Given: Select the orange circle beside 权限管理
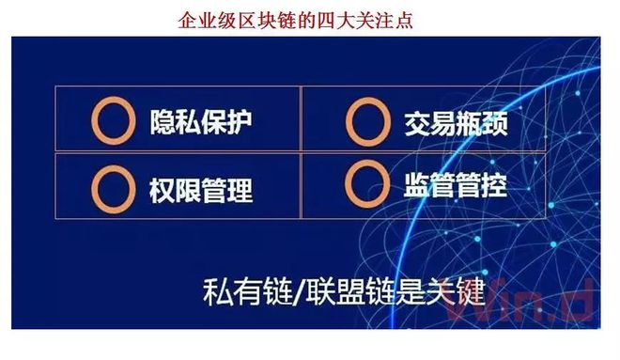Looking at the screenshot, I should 111,188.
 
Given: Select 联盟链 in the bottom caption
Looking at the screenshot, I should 337,291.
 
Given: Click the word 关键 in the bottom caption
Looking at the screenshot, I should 453,291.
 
